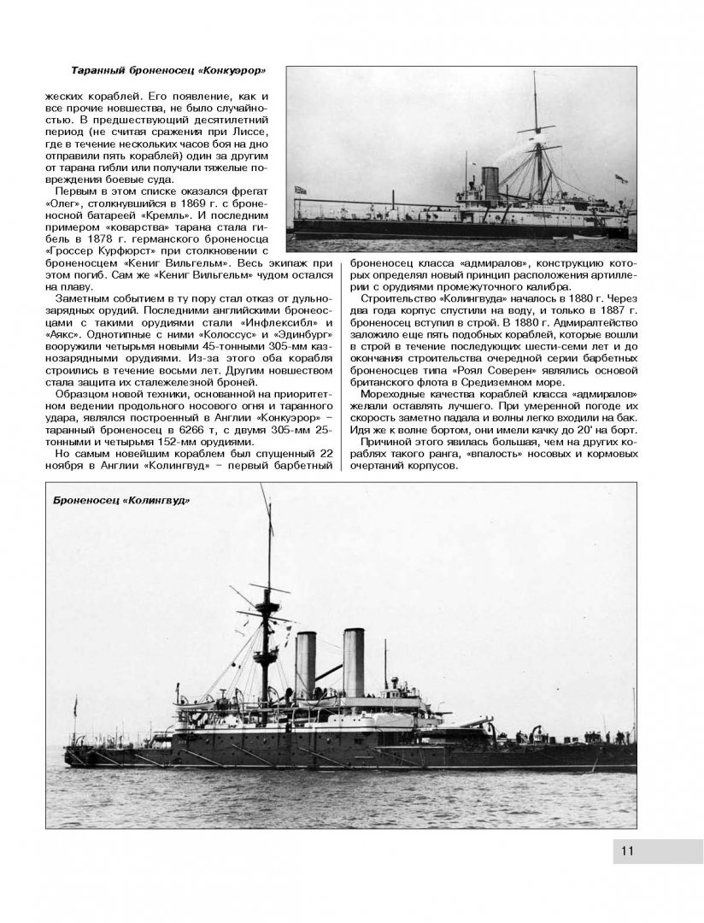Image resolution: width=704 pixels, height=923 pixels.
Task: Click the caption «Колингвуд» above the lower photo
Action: [157, 502]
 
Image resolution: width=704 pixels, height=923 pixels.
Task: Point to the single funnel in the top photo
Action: [490, 185]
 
